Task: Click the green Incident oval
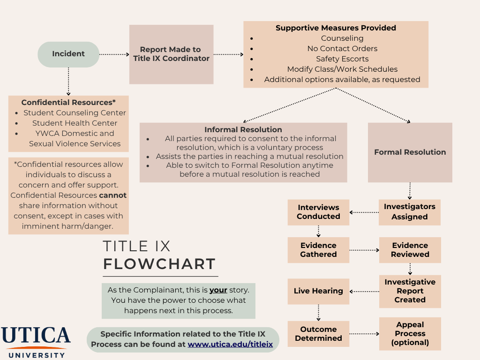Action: pos(68,54)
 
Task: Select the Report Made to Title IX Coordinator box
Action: pos(171,54)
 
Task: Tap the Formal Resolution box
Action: pos(410,152)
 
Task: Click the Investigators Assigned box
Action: pos(409,212)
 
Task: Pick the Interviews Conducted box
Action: pos(318,212)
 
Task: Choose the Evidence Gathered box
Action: pos(318,250)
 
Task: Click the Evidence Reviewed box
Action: pos(410,250)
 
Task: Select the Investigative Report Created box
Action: pos(410,291)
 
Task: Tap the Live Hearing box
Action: pos(318,291)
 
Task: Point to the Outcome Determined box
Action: pos(318,334)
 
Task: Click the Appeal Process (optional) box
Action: pos(410,334)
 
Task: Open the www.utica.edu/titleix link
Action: pos(230,345)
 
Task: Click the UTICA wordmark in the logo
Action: pos(36,336)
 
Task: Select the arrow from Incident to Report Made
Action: pos(114,54)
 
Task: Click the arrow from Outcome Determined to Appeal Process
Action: pos(364,334)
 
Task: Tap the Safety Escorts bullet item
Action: pos(342,59)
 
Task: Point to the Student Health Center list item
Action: pos(75,123)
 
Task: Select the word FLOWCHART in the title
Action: pos(159,264)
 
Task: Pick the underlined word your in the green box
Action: pos(218,290)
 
